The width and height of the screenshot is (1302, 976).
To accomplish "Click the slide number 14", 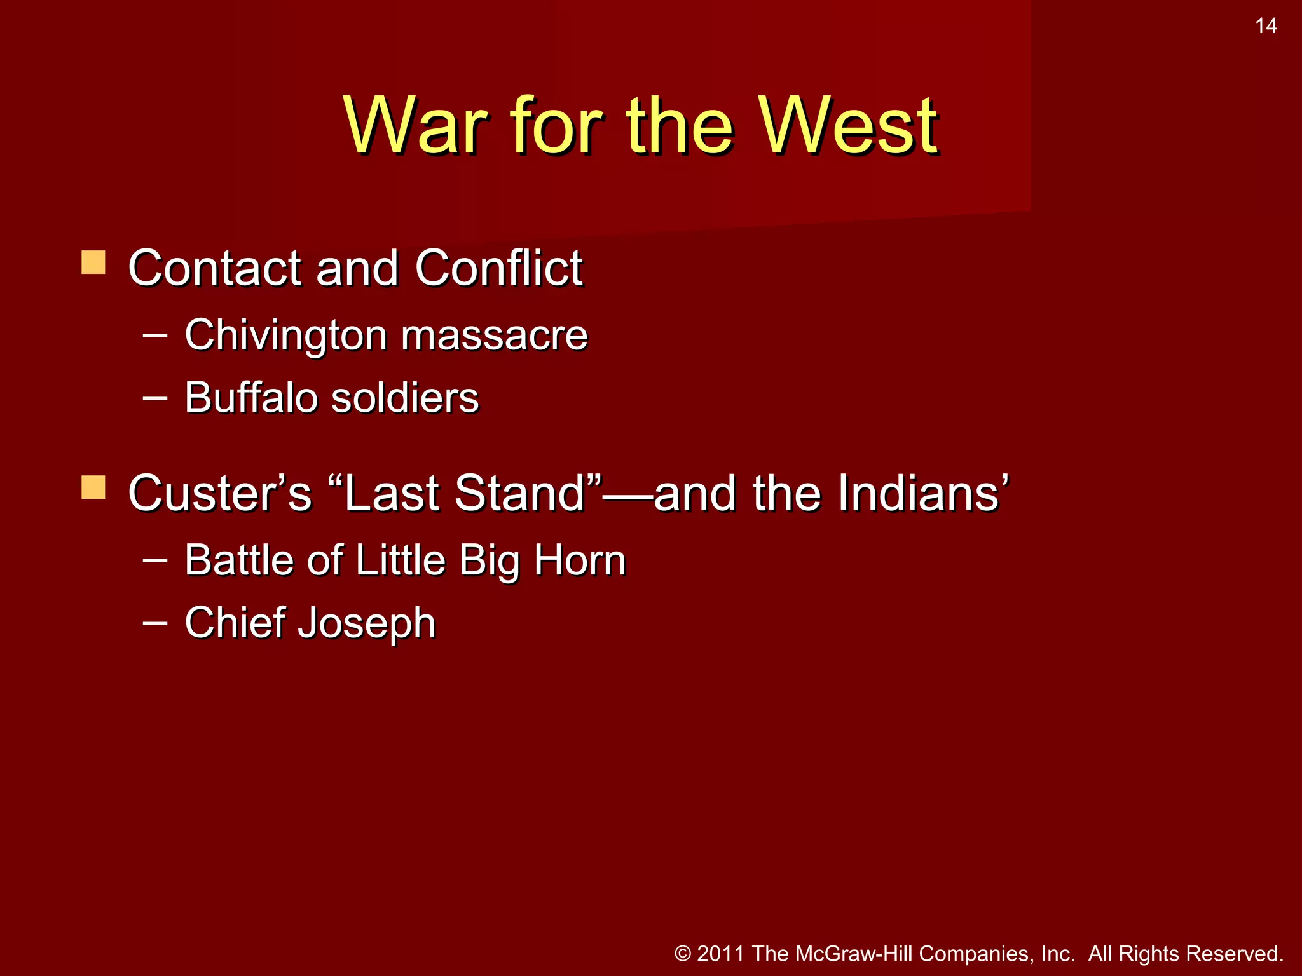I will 1266,26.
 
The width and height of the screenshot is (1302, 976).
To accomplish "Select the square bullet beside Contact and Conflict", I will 93,262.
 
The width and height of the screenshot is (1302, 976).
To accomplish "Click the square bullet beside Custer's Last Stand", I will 93,487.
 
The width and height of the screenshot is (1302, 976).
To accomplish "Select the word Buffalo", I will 250,397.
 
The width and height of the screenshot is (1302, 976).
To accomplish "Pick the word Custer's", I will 219,492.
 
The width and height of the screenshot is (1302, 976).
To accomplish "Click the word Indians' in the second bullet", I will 922,492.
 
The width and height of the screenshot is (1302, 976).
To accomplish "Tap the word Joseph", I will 367,623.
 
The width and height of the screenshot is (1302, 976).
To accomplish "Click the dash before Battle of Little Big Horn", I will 155,560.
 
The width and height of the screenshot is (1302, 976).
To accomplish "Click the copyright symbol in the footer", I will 683,954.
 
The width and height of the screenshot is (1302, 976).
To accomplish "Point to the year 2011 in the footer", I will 721,954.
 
